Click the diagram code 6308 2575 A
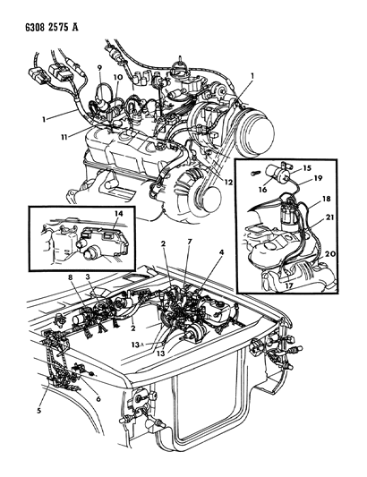tap(51, 27)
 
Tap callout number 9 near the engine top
tap(100, 68)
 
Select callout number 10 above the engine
tap(118, 77)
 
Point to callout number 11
tap(64, 138)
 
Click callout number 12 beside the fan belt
tap(228, 183)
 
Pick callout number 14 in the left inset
tap(119, 214)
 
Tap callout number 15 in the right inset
tap(307, 168)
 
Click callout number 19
tap(318, 178)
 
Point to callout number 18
tap(326, 199)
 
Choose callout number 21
tap(330, 217)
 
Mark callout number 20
tap(330, 253)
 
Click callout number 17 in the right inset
tap(289, 286)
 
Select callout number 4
tap(222, 251)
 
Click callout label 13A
tap(137, 345)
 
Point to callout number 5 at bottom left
tap(39, 411)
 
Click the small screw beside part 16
tap(255, 173)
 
